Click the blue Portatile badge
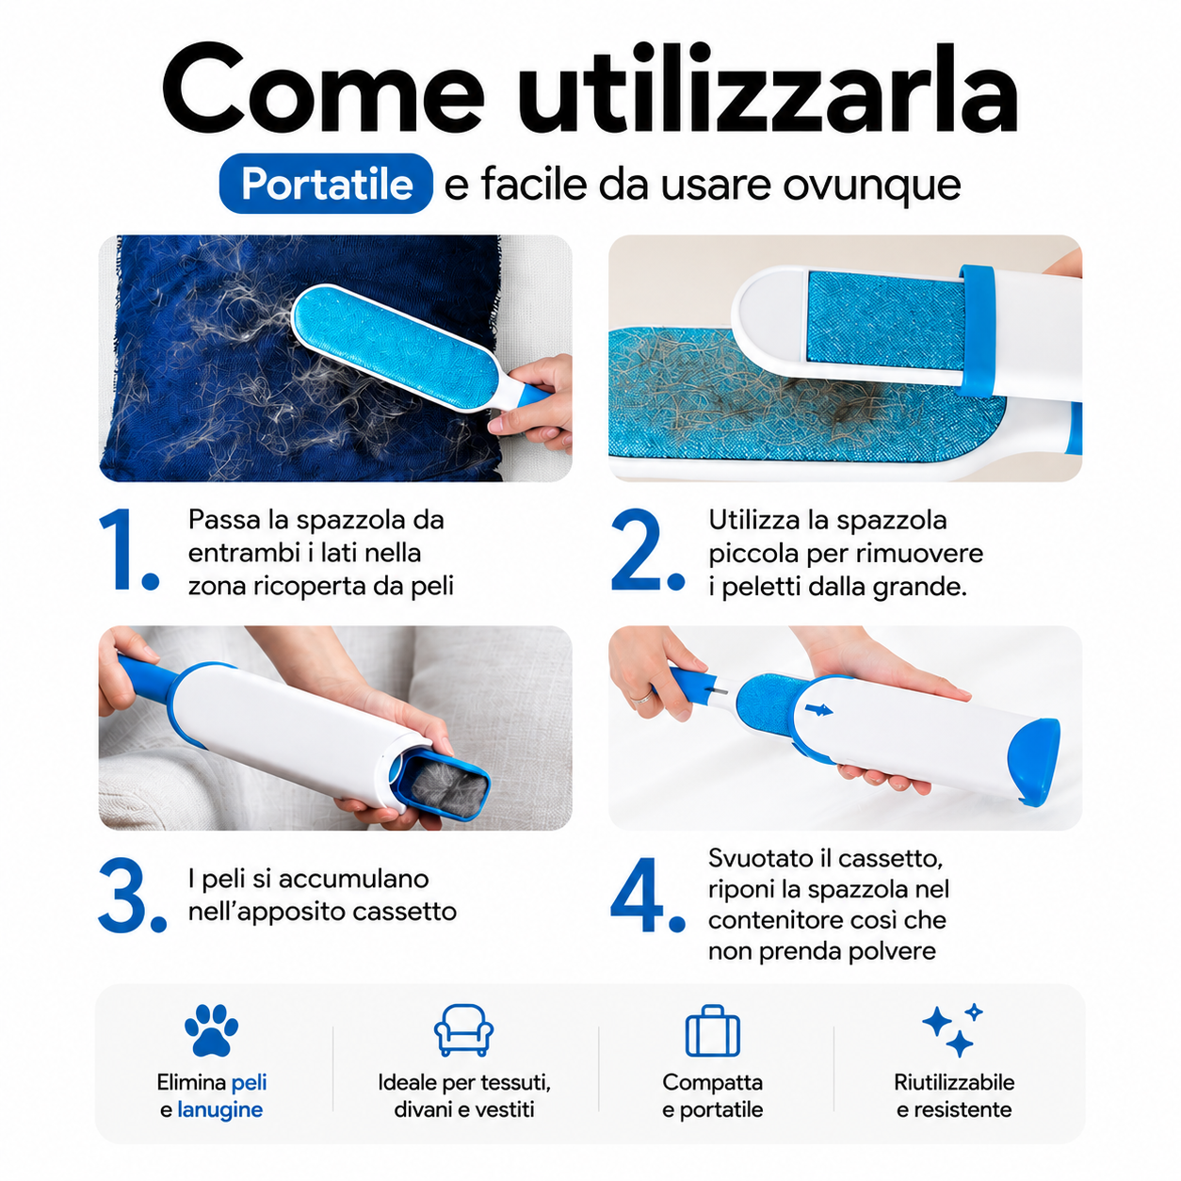coord(326,184)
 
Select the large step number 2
coord(647,549)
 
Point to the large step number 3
coord(132,896)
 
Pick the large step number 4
coord(647,896)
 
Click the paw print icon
coord(212,1030)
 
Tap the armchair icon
coord(463,1030)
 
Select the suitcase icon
coord(712,1030)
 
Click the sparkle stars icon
coord(952,1030)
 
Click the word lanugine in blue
coord(220,1109)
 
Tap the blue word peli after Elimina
coord(249,1083)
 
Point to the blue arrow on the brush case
coord(818,710)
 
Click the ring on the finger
coord(641,698)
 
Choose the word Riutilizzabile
coord(954,1082)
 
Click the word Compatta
coord(712,1083)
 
